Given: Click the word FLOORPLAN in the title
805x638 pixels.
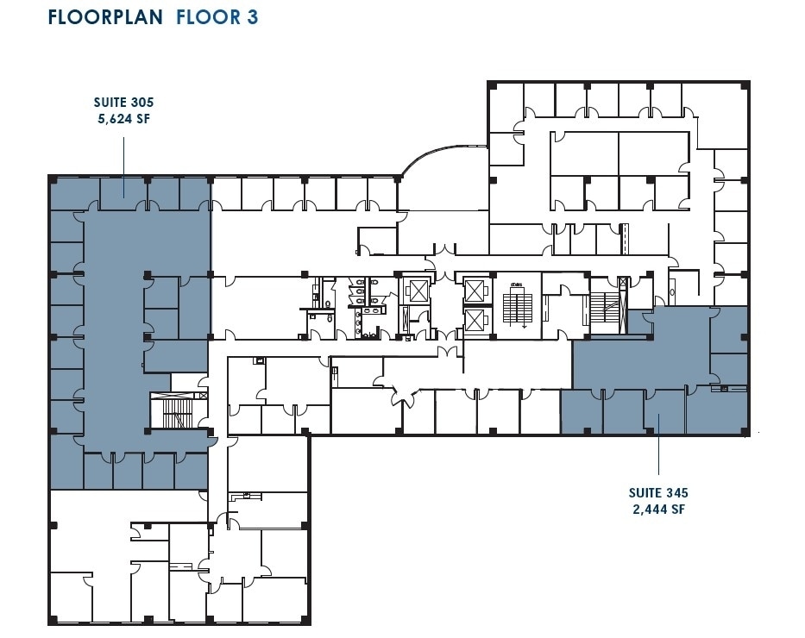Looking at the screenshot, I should click(104, 17).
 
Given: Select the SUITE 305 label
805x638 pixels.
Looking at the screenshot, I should click(124, 102).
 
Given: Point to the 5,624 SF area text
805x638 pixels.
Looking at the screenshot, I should click(124, 118).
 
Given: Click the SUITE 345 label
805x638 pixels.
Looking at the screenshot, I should click(659, 493).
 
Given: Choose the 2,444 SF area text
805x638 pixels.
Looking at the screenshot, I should click(659, 509).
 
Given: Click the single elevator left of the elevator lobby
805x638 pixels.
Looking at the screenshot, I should click(417, 291).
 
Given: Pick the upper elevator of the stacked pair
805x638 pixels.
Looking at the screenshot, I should click(475, 290).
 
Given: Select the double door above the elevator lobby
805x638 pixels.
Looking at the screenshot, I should click(443, 252).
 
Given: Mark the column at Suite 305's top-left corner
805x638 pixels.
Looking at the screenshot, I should click(52, 180).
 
